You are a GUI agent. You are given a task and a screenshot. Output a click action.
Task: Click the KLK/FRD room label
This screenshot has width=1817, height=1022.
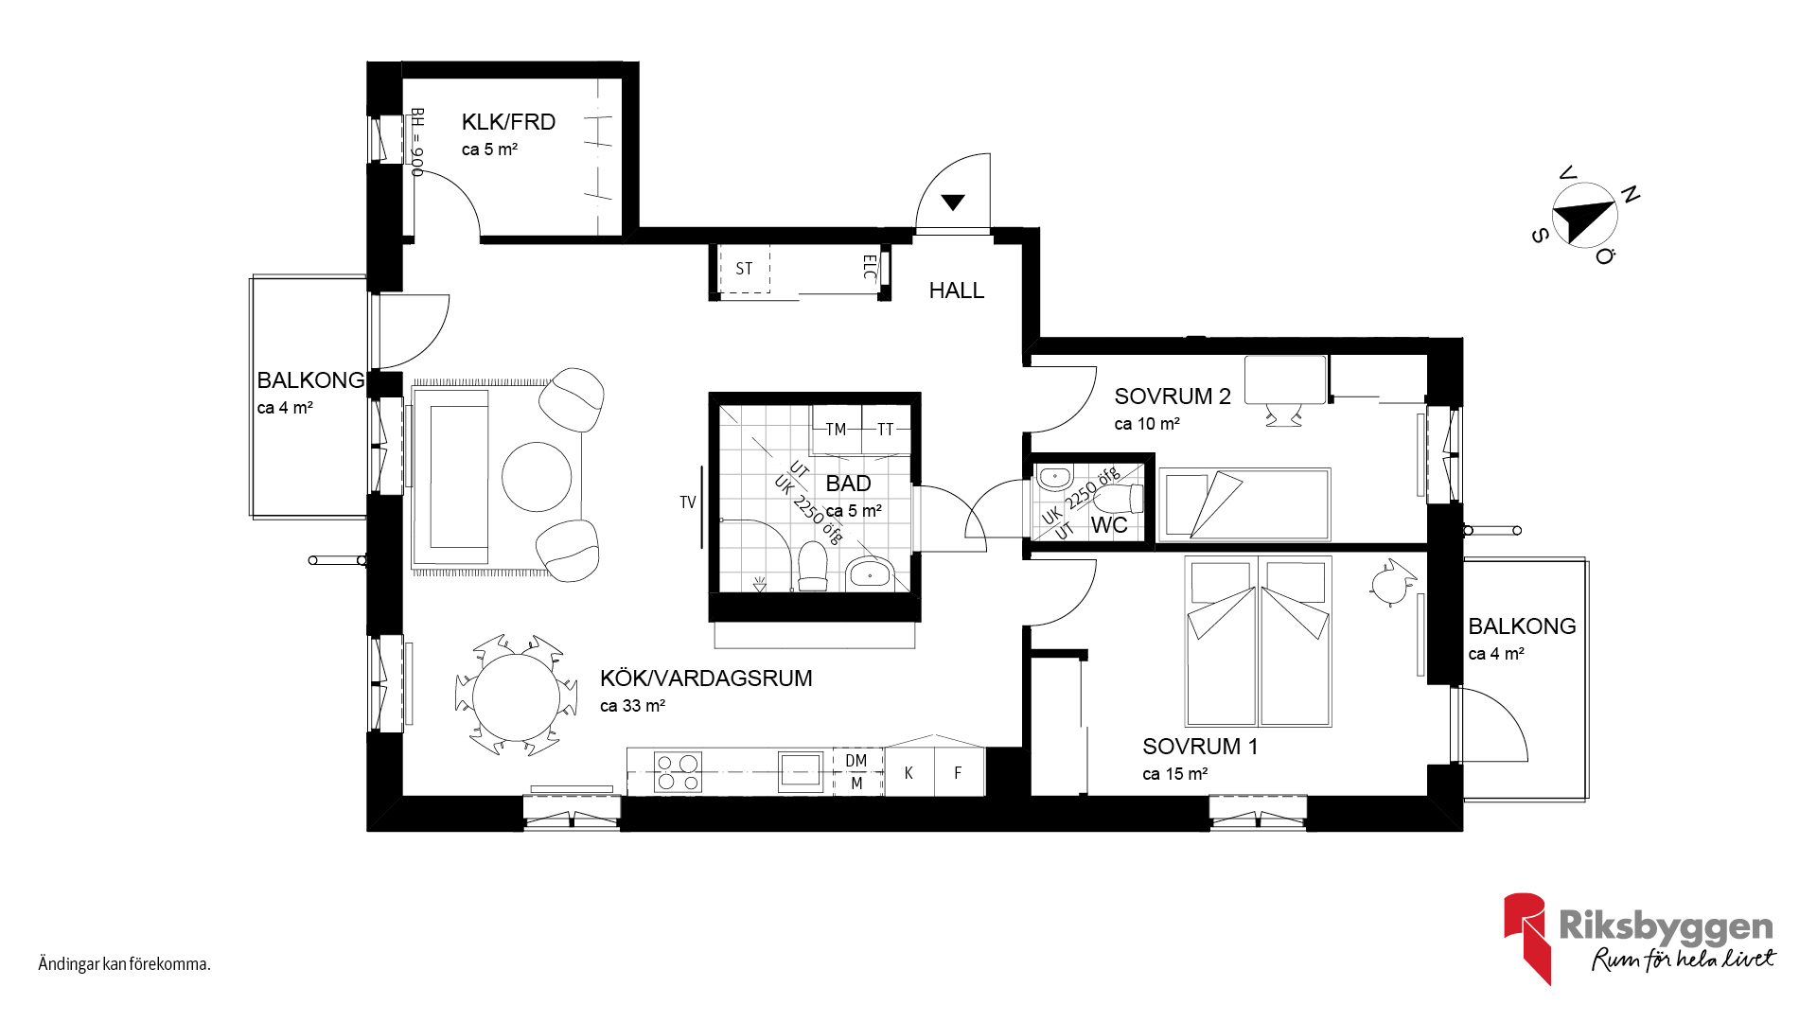(x=508, y=122)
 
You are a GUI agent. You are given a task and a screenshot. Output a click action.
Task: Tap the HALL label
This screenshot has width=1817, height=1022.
(x=956, y=291)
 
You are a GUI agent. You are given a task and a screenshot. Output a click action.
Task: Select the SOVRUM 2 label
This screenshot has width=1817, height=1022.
(x=1173, y=396)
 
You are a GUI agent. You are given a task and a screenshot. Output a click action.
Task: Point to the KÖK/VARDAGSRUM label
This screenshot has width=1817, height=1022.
(x=706, y=678)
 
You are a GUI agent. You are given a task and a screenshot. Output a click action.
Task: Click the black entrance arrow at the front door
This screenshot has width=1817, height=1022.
(x=953, y=202)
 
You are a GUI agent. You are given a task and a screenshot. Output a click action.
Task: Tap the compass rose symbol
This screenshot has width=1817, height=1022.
(x=1585, y=216)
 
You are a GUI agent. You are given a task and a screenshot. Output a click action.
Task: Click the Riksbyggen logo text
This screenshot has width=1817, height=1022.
(x=1666, y=926)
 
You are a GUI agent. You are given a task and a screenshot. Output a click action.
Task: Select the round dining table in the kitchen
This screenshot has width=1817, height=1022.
(x=516, y=697)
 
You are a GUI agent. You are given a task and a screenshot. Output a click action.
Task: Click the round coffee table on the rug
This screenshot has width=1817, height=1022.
(x=537, y=477)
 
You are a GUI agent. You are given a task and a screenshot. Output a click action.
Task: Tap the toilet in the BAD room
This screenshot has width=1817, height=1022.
(x=813, y=566)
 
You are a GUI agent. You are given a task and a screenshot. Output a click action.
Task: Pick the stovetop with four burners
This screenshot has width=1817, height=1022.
(x=679, y=771)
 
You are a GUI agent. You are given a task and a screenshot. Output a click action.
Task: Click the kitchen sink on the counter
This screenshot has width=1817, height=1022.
(x=801, y=771)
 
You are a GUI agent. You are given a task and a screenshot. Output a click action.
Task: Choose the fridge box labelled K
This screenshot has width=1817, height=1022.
(x=908, y=773)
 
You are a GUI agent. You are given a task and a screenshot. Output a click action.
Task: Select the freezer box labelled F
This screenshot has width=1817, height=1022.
(x=959, y=773)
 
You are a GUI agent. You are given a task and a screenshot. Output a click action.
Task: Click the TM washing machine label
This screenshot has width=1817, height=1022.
(x=836, y=430)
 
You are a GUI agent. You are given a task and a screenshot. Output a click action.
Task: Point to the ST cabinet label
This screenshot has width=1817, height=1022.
(x=744, y=269)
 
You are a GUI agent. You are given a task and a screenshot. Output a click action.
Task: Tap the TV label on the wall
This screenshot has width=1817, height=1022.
(x=688, y=502)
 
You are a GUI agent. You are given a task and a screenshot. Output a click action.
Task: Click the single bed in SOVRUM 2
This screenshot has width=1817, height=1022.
(x=1244, y=505)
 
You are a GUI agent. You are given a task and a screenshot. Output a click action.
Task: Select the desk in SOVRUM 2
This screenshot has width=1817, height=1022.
(x=1285, y=379)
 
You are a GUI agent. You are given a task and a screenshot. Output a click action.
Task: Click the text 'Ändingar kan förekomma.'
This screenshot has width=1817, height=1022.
(x=124, y=964)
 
